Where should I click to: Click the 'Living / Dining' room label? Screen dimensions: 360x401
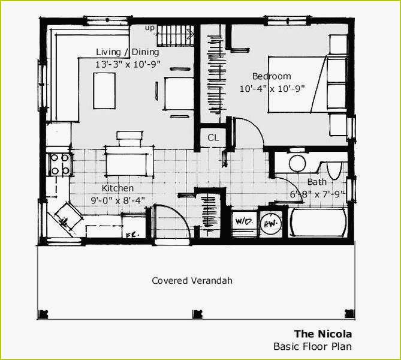coord(127,52)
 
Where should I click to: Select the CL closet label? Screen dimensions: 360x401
coord(213,137)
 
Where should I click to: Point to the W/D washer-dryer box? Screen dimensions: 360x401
coord(243,222)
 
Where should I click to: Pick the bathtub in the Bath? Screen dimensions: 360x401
coord(318,223)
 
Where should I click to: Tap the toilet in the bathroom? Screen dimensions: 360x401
coord(333,169)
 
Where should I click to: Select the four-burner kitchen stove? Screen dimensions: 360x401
coord(59,164)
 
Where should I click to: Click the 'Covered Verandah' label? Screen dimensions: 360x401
coord(192,280)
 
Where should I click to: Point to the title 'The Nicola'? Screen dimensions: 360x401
coord(322,334)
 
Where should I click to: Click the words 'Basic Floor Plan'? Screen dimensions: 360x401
coord(312,346)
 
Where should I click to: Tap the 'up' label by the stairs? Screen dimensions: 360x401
coord(150,27)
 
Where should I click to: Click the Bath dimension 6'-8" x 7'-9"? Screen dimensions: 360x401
coord(318,194)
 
